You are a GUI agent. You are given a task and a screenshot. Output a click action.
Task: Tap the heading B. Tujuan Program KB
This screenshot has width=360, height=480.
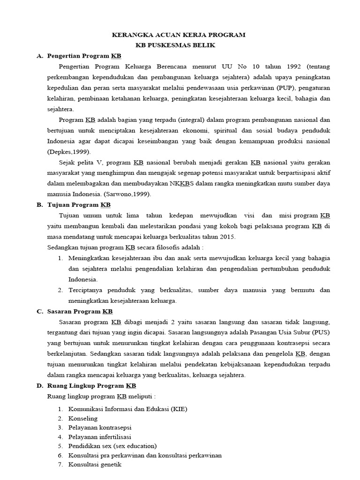79,205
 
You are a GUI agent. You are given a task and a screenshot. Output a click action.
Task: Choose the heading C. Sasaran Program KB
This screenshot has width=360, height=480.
80,311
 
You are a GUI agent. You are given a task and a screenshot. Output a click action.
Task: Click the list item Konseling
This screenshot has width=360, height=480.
83,418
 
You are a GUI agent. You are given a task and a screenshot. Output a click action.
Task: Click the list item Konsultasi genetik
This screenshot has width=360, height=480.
95,465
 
